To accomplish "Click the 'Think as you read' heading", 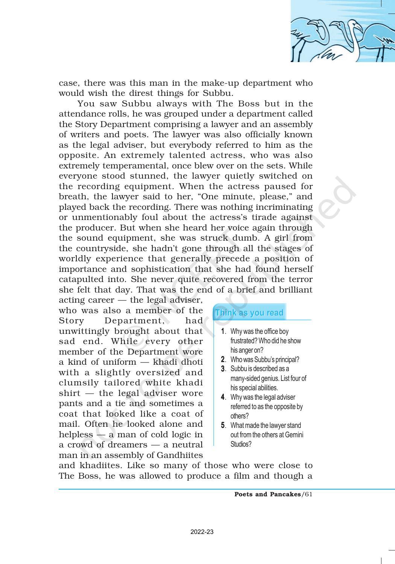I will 249,313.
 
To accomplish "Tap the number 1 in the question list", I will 223,331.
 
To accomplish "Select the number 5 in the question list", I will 223,425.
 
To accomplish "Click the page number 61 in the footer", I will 308,494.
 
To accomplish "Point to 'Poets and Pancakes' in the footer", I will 267,494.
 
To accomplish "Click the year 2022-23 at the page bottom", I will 202,532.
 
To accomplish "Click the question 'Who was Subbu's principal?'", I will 264,359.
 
